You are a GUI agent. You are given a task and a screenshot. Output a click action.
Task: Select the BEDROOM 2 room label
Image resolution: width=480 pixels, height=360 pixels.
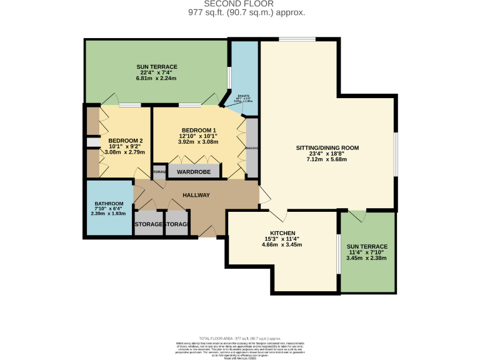tap(125, 141)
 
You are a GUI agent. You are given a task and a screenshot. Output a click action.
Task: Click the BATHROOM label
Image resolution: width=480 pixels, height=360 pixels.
tap(109, 204)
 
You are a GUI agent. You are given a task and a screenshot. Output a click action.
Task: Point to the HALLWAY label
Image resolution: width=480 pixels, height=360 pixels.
tap(196, 196)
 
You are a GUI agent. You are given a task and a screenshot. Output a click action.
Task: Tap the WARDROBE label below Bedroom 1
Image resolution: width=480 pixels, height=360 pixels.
tap(193, 171)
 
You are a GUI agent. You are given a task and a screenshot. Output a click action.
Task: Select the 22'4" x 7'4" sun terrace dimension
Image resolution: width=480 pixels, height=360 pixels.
tap(157, 72)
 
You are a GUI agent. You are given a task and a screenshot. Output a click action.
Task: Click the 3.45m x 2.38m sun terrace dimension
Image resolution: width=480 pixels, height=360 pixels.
tap(367, 257)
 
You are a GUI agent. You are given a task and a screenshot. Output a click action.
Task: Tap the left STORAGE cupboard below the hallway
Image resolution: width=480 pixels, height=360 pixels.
tap(148, 224)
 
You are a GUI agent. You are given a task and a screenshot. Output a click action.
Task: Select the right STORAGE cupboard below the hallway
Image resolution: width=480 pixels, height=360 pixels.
tap(177, 224)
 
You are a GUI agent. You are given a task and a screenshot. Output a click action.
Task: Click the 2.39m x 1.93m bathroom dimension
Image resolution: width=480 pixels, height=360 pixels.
tap(109, 214)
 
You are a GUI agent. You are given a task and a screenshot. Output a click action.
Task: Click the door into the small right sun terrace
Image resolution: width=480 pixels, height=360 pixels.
tap(357, 216)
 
